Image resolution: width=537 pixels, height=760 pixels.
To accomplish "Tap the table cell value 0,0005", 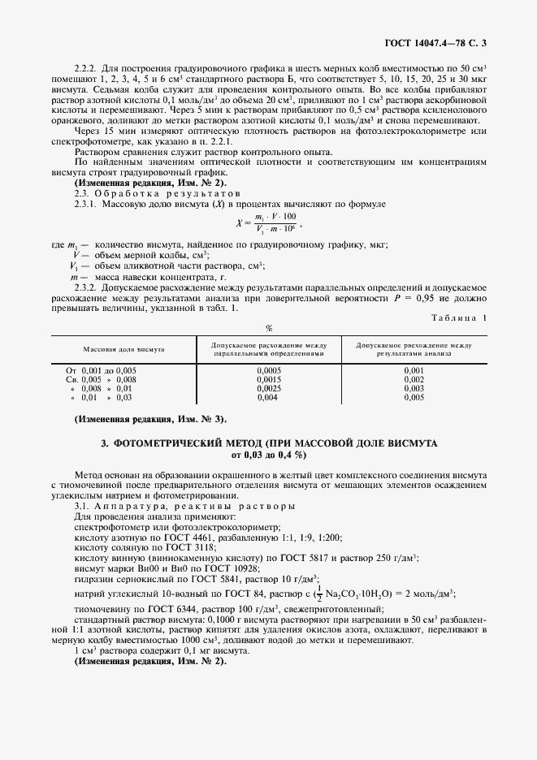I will coord(268,370).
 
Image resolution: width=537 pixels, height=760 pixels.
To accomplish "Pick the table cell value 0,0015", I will coord(268,379).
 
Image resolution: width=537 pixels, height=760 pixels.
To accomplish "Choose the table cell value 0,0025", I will coord(268,389).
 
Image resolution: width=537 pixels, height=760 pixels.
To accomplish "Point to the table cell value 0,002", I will coord(414,379).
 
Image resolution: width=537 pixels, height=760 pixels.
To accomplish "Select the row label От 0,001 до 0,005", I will coord(102,370).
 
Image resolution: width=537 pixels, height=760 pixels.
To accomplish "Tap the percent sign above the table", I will coord(268,328).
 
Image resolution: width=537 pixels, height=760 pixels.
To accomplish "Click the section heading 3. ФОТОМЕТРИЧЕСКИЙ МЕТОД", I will coord(268,443).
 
